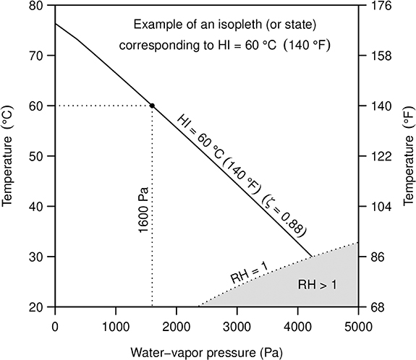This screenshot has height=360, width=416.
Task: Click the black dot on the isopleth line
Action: pyautogui.click(x=151, y=106)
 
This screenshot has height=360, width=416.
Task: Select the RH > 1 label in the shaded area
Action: pyautogui.click(x=318, y=285)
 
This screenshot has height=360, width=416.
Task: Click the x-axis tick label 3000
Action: pyautogui.click(x=237, y=325)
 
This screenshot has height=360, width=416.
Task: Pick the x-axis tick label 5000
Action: pyautogui.click(x=357, y=325)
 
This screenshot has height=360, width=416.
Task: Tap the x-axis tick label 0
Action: pyautogui.click(x=55, y=325)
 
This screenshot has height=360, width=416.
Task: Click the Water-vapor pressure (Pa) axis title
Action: pyautogui.click(x=206, y=352)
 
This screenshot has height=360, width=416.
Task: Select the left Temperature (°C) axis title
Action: pyautogui.click(x=9, y=156)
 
